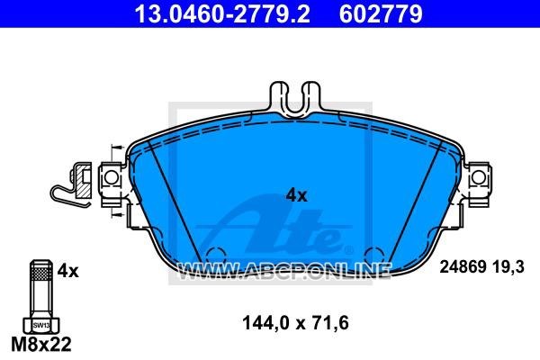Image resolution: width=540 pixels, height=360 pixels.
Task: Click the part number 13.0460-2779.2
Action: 222,13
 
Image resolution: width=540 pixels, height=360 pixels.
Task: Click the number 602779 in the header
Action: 381,13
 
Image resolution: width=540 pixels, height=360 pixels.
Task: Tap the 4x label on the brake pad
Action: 296,195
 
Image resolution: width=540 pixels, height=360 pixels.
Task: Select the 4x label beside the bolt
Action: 67,271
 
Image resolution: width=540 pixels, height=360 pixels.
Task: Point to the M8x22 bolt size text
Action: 41,344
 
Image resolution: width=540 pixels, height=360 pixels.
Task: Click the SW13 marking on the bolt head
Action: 41,325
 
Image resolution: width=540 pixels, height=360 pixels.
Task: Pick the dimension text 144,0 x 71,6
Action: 295,323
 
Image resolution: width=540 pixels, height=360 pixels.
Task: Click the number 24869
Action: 463,267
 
